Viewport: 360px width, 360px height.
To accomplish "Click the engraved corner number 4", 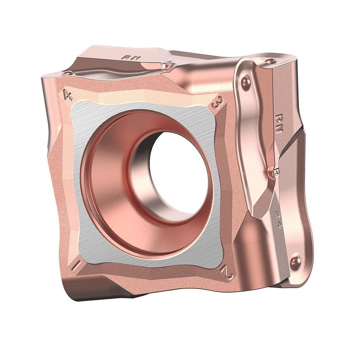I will coord(67,94).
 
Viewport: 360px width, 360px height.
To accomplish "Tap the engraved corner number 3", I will coord(217,103).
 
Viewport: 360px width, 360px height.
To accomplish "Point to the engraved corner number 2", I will coord(228,274).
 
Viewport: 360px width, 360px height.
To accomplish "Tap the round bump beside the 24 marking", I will coord(296,261).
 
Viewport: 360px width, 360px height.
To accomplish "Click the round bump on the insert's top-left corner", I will coord(67,73).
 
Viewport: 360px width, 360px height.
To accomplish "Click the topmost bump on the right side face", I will coord(270,62).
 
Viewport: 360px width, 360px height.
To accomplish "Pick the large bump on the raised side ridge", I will coord(246,81).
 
